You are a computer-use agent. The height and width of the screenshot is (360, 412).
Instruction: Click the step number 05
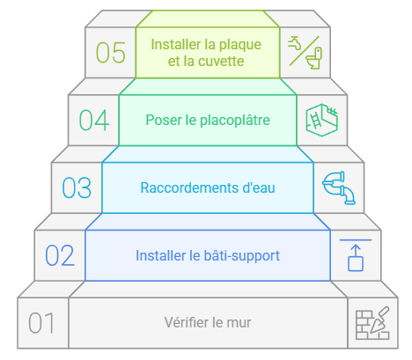[111, 53]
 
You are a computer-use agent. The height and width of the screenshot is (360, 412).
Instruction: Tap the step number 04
[94, 120]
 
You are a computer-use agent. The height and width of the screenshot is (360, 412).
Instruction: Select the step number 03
[77, 187]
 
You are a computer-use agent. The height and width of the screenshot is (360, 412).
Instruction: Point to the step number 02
[60, 255]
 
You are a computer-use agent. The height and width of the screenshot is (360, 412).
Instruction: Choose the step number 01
[41, 323]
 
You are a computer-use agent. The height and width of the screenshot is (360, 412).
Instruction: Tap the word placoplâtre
[235, 121]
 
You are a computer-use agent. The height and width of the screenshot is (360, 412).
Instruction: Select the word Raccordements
[189, 187]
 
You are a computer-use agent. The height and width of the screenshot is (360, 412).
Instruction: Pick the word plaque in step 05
[240, 45]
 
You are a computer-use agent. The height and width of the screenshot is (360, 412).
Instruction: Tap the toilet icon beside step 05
[314, 58]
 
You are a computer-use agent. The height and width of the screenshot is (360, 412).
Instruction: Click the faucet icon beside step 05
[295, 43]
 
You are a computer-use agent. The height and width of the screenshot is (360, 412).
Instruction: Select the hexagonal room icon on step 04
[322, 120]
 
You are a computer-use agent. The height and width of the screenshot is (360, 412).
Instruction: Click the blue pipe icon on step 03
[339, 187]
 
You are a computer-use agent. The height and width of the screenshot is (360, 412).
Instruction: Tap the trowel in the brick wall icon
[380, 320]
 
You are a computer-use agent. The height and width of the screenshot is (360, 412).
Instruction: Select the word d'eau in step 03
[259, 187]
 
